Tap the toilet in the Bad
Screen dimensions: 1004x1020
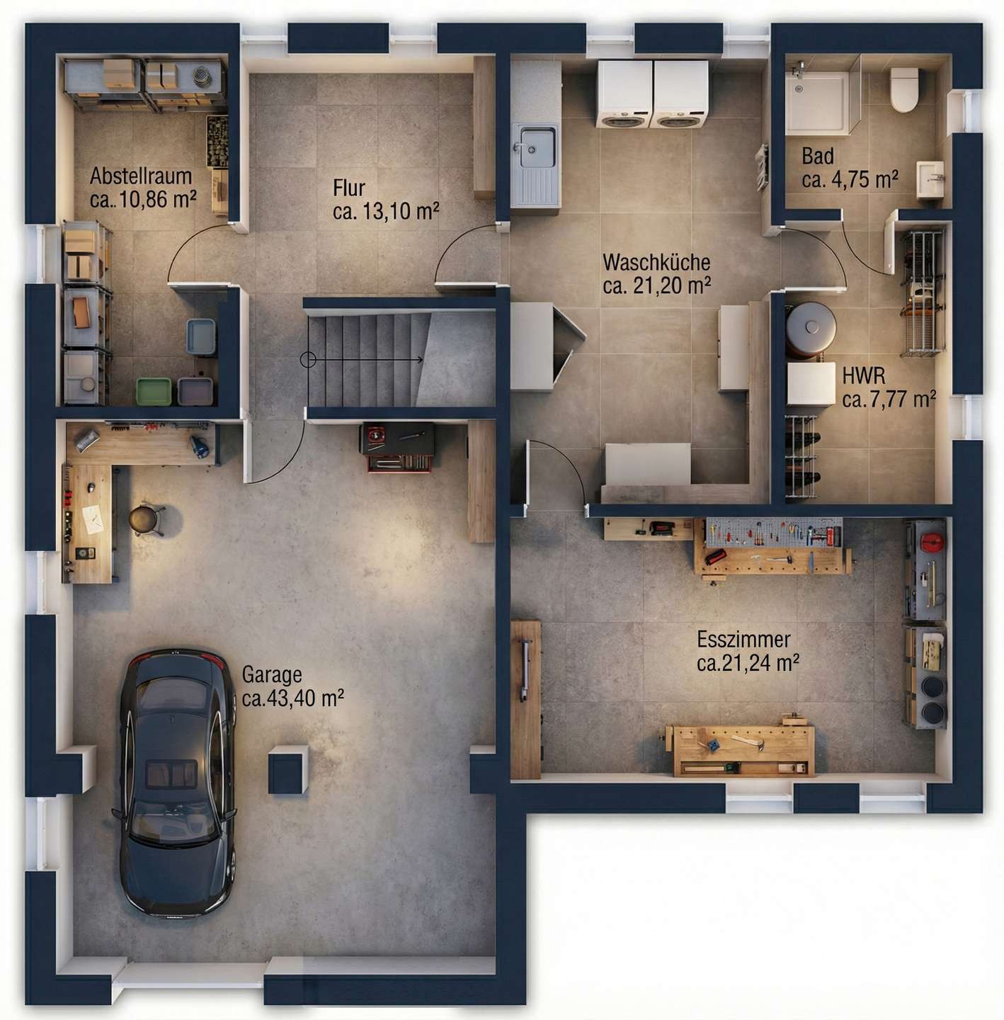(x=903, y=89)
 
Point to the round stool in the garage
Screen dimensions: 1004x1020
(x=144, y=519)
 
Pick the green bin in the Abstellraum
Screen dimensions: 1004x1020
(x=154, y=391)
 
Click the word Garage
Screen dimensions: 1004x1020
(x=271, y=674)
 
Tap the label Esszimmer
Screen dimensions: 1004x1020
(x=743, y=640)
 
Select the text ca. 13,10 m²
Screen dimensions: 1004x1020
(x=386, y=212)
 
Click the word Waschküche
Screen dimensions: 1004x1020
(x=656, y=262)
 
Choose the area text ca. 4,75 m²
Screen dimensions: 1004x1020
(x=850, y=180)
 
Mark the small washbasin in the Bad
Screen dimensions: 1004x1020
(x=930, y=179)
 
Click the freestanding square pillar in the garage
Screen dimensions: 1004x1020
(x=288, y=770)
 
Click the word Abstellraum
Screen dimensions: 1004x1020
(x=141, y=176)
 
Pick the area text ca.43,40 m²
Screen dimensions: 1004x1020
(x=292, y=698)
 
